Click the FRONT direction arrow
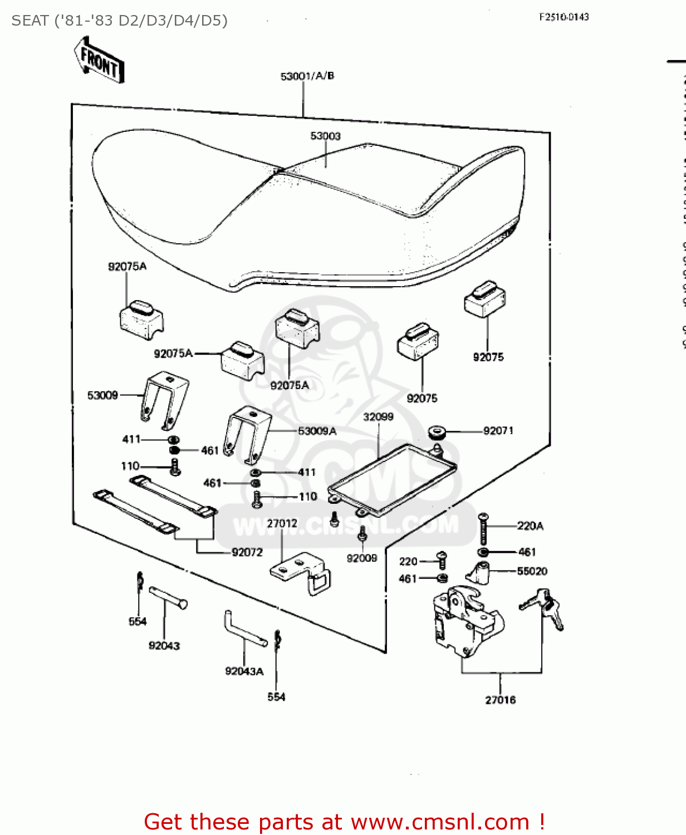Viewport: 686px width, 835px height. (99, 60)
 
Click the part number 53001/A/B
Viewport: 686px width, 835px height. (307, 76)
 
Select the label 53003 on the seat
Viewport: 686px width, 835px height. (325, 136)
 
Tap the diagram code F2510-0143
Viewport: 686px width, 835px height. (563, 17)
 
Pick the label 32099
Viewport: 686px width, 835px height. (378, 417)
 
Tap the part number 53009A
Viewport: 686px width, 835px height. (317, 431)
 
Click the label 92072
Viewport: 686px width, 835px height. (247, 552)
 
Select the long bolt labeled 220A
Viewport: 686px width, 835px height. (483, 529)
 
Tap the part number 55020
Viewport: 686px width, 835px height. (532, 571)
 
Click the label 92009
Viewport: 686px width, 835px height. (362, 558)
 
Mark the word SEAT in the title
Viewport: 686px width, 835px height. (30, 21)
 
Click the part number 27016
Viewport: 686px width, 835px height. (500, 700)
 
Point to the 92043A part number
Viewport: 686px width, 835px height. (244, 671)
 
